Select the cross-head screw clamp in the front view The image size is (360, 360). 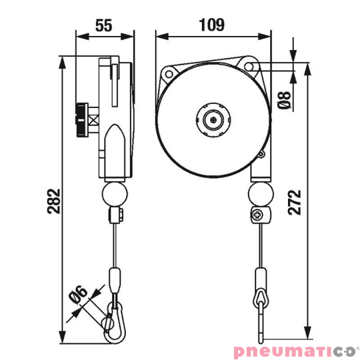(258, 215)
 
